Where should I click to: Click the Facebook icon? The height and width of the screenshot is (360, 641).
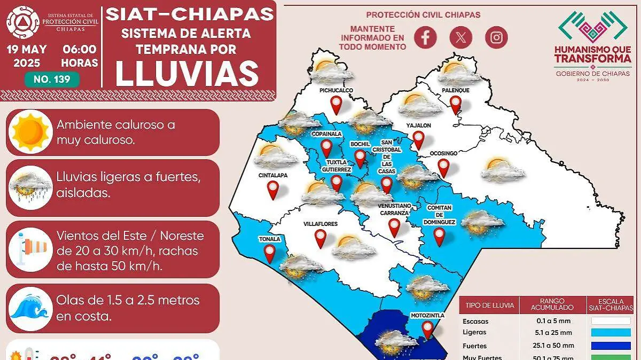point(426,37)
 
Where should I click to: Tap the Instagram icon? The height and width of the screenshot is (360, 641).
point(496,37)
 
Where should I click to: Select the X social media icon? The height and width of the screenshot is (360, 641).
point(461,37)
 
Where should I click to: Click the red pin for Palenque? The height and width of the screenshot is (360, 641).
point(455,104)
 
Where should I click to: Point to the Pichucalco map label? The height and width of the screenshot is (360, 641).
point(336,91)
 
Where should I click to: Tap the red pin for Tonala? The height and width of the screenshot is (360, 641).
point(270,253)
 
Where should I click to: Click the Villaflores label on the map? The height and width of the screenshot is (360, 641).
point(320,224)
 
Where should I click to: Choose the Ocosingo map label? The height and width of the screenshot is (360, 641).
point(443,153)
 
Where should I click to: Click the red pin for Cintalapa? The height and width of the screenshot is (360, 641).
point(273,189)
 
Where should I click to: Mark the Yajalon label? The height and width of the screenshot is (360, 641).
point(418,126)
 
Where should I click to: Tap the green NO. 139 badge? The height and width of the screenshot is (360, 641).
point(52,80)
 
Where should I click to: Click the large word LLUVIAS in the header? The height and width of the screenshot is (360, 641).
point(187,73)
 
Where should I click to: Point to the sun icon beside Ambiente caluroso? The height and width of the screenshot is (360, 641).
point(30,132)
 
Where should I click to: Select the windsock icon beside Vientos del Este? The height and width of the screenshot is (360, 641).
point(30,246)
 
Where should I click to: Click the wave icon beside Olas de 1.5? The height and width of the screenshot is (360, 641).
point(30,308)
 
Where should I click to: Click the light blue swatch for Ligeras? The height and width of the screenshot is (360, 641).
point(611,332)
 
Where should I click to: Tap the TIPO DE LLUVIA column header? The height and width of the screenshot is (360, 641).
point(489,306)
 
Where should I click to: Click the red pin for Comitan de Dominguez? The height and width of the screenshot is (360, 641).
point(439,236)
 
